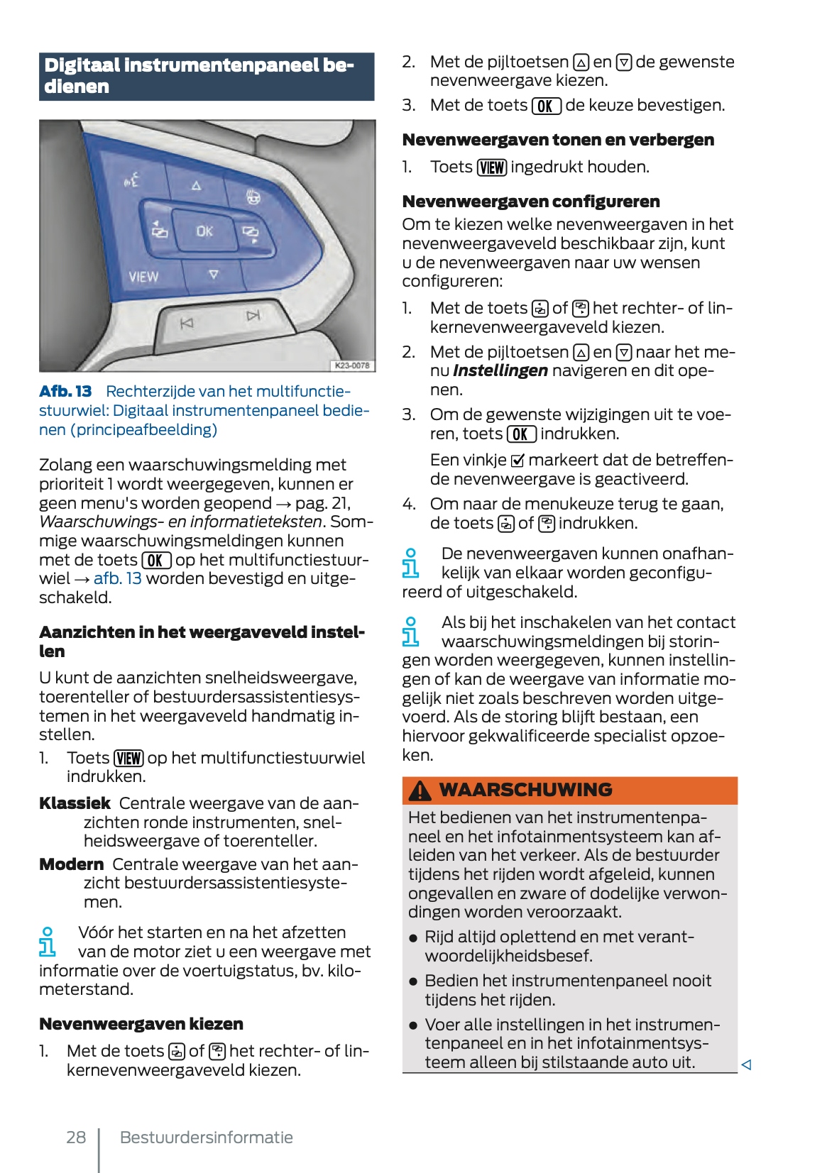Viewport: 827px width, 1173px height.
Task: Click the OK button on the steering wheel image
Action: [x=204, y=231]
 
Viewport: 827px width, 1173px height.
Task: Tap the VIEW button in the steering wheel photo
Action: [x=143, y=277]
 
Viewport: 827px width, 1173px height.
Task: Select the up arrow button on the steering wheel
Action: [x=197, y=186]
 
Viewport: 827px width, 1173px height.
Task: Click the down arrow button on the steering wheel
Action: [x=214, y=274]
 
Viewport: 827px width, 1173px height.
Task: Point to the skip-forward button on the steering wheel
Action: [x=253, y=315]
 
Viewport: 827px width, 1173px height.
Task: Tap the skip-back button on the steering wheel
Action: [x=187, y=324]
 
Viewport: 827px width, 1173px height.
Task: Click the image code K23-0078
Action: [x=352, y=365]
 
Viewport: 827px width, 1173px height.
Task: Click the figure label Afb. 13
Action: [x=65, y=392]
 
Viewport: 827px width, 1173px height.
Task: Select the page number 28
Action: [x=76, y=1138]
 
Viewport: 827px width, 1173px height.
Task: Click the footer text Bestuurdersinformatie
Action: [x=206, y=1138]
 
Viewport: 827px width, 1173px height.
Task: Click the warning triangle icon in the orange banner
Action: [x=420, y=791]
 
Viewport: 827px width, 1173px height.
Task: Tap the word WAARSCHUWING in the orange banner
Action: [x=525, y=790]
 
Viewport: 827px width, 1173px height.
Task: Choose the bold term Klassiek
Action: [x=75, y=803]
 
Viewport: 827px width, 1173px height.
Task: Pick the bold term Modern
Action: [x=72, y=864]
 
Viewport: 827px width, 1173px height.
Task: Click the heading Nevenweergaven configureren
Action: [x=531, y=202]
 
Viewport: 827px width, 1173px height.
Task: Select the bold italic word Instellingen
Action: [x=500, y=370]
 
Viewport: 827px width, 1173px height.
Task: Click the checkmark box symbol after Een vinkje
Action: [x=517, y=461]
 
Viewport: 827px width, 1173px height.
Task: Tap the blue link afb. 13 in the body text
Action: [x=117, y=578]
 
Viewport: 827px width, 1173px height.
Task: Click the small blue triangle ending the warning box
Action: [x=746, y=1064]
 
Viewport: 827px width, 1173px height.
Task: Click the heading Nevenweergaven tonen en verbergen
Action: [x=558, y=140]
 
